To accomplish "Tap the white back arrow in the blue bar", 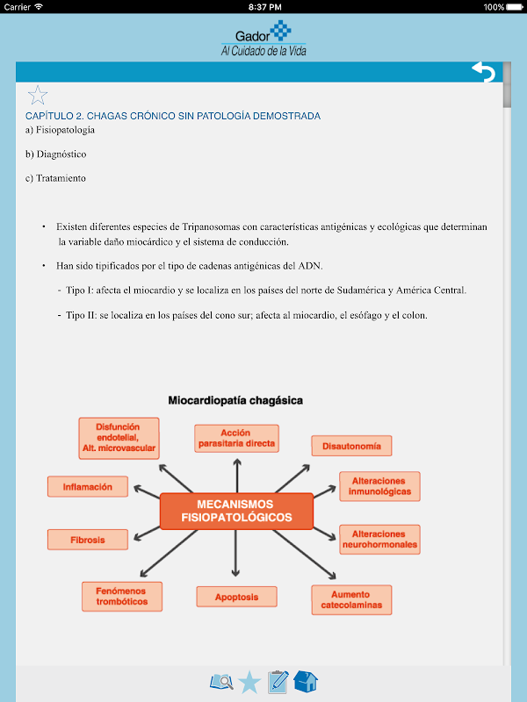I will (x=483, y=72).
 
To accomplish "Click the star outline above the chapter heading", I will (x=38, y=95).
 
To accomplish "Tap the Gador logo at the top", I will (x=263, y=39).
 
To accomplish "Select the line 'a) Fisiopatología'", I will (x=60, y=130).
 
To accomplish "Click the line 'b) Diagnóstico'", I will (x=56, y=154).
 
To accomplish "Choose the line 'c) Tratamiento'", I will (x=55, y=178).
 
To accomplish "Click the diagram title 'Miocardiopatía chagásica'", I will (x=235, y=400).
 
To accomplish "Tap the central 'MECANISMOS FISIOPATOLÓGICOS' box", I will (x=236, y=512).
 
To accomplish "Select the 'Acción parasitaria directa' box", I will (x=236, y=438).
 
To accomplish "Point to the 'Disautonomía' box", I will (x=351, y=446).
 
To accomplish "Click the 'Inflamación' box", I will (x=87, y=486).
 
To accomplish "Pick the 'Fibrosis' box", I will (x=87, y=540).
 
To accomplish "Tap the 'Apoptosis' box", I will (x=236, y=598).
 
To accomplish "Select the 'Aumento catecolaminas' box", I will (x=351, y=600).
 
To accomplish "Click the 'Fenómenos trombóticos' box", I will (x=121, y=597).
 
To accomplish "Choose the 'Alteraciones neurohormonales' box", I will (x=379, y=540).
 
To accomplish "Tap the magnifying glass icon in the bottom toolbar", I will (x=221, y=682).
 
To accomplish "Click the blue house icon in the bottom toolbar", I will (x=306, y=682).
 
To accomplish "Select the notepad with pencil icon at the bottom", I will (x=278, y=682).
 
